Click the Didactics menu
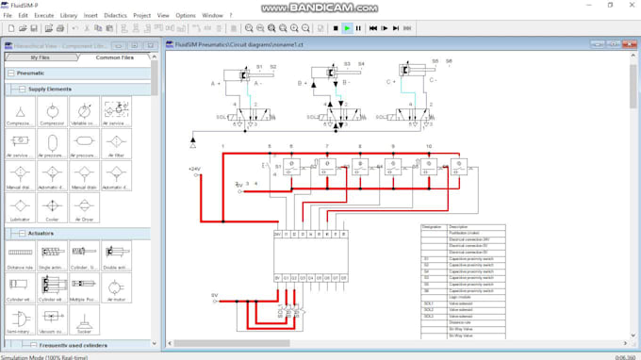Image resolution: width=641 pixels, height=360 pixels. [x=115, y=15]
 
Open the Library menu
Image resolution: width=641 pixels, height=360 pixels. [x=69, y=15]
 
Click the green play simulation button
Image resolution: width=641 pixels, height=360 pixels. [x=347, y=28]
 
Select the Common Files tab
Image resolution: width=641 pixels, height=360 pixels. [x=114, y=57]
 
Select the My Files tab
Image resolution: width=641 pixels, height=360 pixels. [x=40, y=57]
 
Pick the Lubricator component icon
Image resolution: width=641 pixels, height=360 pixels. [x=21, y=205]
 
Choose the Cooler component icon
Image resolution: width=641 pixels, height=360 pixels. [x=53, y=205]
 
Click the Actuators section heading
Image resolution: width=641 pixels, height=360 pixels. [x=41, y=233]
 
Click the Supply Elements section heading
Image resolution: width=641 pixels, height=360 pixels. [x=49, y=90]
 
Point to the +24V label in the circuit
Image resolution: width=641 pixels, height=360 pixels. [x=194, y=169]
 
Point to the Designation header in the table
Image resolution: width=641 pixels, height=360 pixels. [x=432, y=227]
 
